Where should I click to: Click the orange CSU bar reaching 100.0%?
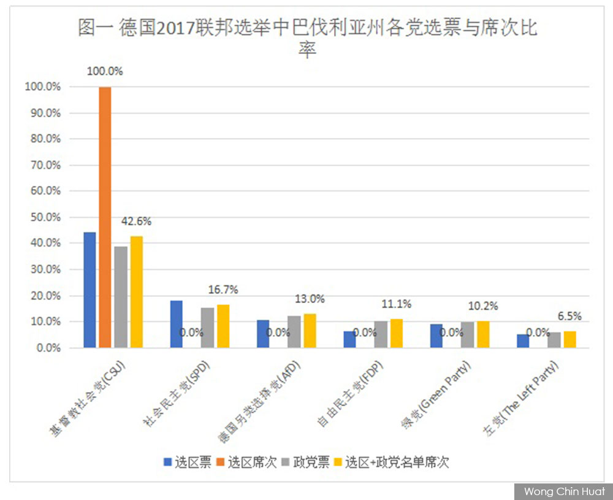105,217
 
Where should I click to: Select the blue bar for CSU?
89,290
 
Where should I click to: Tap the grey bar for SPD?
208,328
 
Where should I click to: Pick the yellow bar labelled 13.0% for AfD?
310,331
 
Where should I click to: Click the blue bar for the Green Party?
436,336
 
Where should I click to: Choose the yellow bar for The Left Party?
570,340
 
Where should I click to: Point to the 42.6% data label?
136,221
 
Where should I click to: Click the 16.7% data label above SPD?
223,290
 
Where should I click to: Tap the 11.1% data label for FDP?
397,304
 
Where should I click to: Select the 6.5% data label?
569,316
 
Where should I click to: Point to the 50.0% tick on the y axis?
46,217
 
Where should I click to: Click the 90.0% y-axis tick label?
46,113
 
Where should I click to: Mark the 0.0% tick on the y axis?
48,348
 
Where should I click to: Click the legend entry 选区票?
188,462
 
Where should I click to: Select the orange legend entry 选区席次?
246,462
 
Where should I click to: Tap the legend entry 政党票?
306,462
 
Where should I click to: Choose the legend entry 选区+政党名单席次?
392,462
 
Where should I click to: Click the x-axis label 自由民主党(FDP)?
350,394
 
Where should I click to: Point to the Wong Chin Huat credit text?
564,491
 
